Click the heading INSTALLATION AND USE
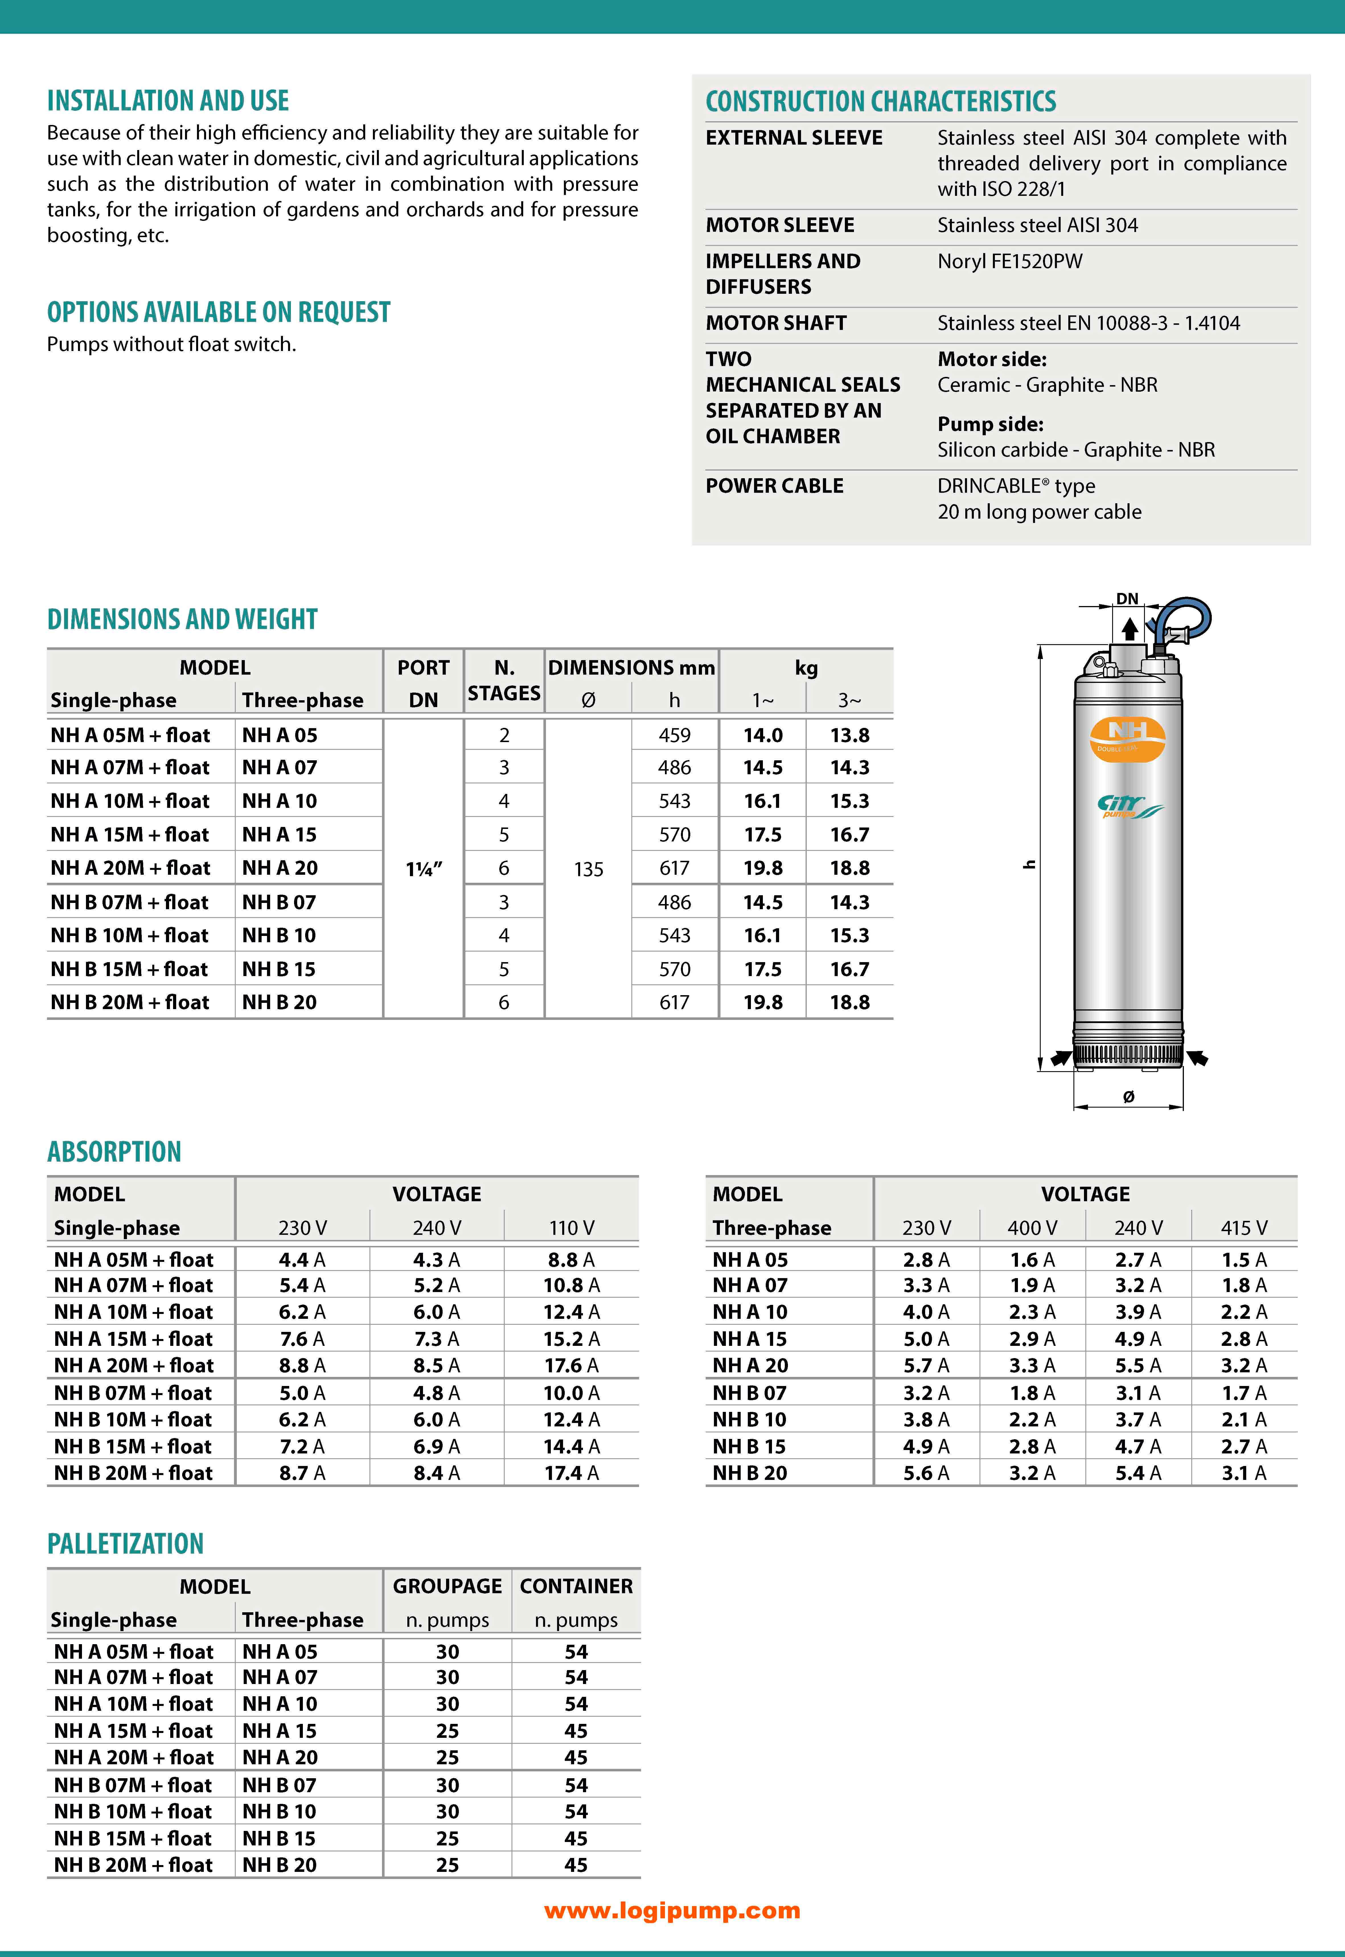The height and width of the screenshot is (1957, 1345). pos(168,101)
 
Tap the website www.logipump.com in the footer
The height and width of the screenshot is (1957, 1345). pos(672,1911)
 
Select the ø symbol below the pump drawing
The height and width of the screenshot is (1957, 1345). pos(1128,1096)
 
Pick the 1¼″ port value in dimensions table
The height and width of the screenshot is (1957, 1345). pos(424,869)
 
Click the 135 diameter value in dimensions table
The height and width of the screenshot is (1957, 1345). pos(588,869)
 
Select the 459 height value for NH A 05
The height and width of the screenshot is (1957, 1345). pos(674,735)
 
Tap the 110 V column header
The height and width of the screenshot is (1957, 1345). pos(571,1228)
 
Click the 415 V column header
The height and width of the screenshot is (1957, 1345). pos(1244,1228)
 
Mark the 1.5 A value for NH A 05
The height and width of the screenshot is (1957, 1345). pos(1244,1260)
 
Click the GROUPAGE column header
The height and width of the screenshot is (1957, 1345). pos(447,1586)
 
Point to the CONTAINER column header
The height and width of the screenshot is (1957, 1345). pos(576,1586)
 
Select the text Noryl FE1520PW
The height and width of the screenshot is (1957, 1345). pos(1010,261)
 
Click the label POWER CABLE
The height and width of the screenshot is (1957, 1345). pos(775,486)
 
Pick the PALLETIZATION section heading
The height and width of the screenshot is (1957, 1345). pos(126,1544)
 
